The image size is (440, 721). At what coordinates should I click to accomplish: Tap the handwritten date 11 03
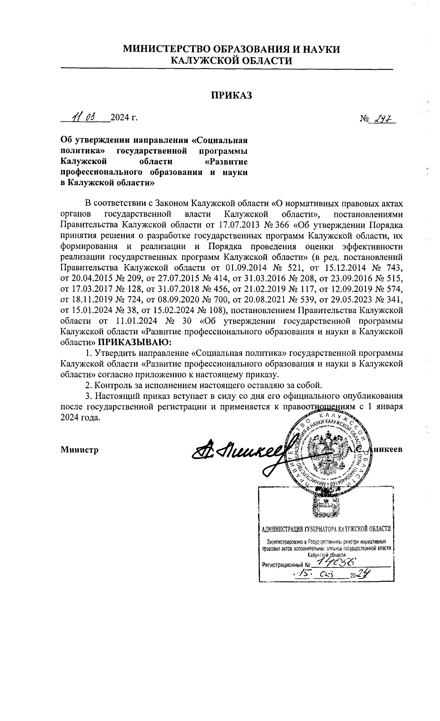[84, 117]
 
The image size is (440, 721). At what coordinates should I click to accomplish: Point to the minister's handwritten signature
[238, 451]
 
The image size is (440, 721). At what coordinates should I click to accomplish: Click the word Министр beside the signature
[80, 450]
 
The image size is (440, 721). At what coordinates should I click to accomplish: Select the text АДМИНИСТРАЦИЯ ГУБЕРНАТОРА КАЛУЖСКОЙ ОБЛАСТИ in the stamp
[326, 529]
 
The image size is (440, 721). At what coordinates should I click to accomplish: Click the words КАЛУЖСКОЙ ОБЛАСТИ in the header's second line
[232, 60]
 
